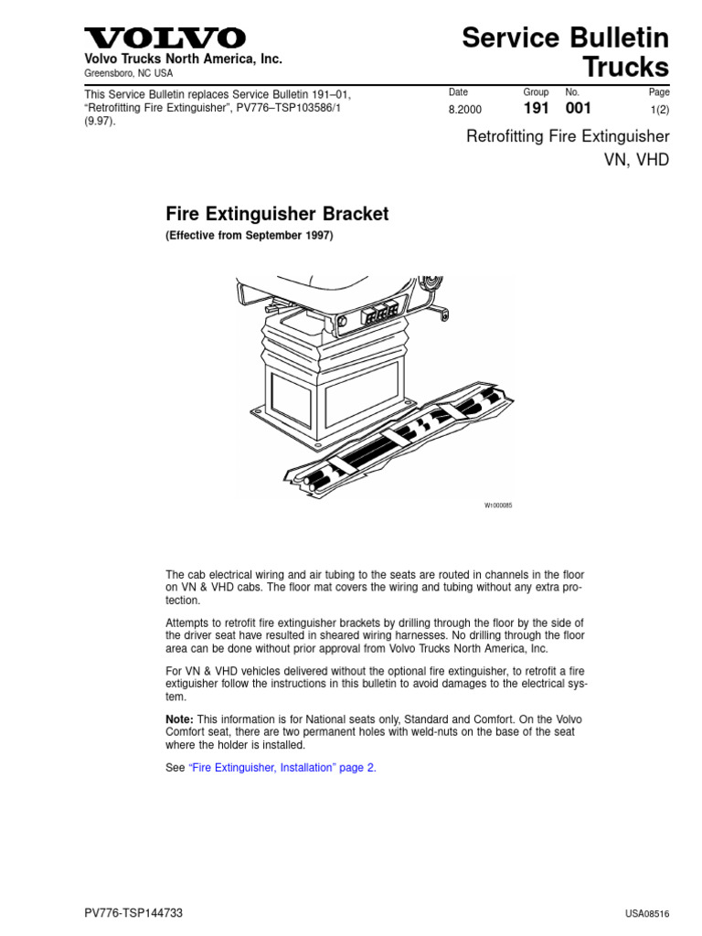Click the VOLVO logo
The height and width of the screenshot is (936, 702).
click(165, 38)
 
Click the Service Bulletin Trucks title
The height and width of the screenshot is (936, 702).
click(565, 52)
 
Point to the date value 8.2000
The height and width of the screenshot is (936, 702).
click(465, 110)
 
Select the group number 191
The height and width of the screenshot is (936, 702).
click(536, 108)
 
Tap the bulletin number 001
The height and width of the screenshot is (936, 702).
click(578, 108)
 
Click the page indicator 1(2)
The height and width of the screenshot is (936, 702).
click(660, 110)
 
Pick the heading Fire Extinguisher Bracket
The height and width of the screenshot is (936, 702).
click(277, 214)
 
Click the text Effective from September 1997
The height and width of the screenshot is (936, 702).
click(250, 235)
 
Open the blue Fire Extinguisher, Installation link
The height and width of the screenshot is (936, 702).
click(282, 768)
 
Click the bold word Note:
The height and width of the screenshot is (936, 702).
click(179, 719)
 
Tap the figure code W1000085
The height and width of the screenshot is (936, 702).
click(498, 505)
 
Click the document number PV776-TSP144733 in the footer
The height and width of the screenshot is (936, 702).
click(133, 913)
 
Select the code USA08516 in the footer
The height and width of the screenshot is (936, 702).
click(647, 913)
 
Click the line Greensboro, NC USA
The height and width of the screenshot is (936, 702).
click(128, 73)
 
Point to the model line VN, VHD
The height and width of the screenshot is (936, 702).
click(636, 160)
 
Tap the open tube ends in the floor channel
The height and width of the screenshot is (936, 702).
click(314, 481)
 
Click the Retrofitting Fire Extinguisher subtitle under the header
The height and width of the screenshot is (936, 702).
click(568, 137)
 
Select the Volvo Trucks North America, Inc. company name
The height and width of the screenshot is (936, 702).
click(183, 59)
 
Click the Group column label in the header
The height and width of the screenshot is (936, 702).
click(536, 92)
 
